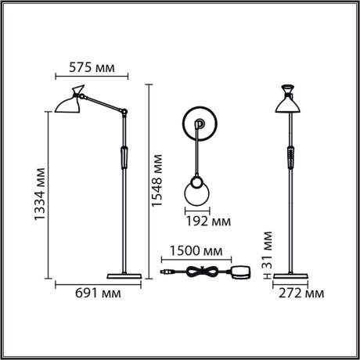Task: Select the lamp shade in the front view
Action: pos(289,101)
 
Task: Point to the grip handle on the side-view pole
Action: pos(123,157)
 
